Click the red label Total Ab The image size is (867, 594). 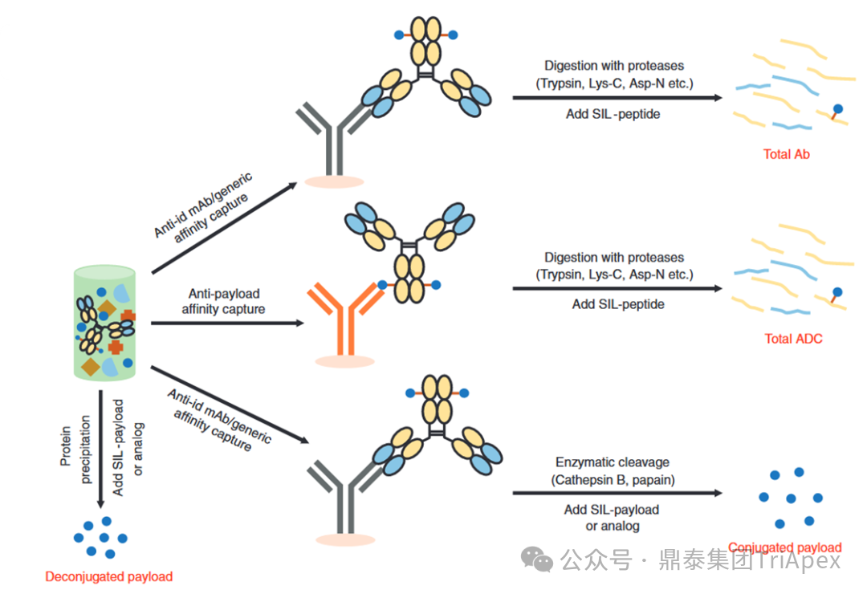(786, 154)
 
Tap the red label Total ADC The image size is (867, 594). (793, 339)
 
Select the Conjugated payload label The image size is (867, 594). (784, 548)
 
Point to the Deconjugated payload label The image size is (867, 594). (108, 576)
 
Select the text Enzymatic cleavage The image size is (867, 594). (612, 462)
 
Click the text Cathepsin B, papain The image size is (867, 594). (613, 480)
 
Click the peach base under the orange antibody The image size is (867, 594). (345, 361)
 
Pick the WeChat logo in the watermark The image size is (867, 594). (536, 559)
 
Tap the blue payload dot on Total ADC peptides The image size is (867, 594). (838, 293)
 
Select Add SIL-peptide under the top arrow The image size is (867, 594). (613, 114)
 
